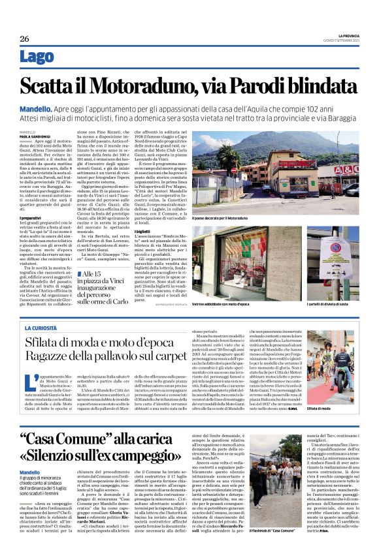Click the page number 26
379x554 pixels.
(x=24, y=38)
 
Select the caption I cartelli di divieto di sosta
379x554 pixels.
(x=334, y=305)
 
